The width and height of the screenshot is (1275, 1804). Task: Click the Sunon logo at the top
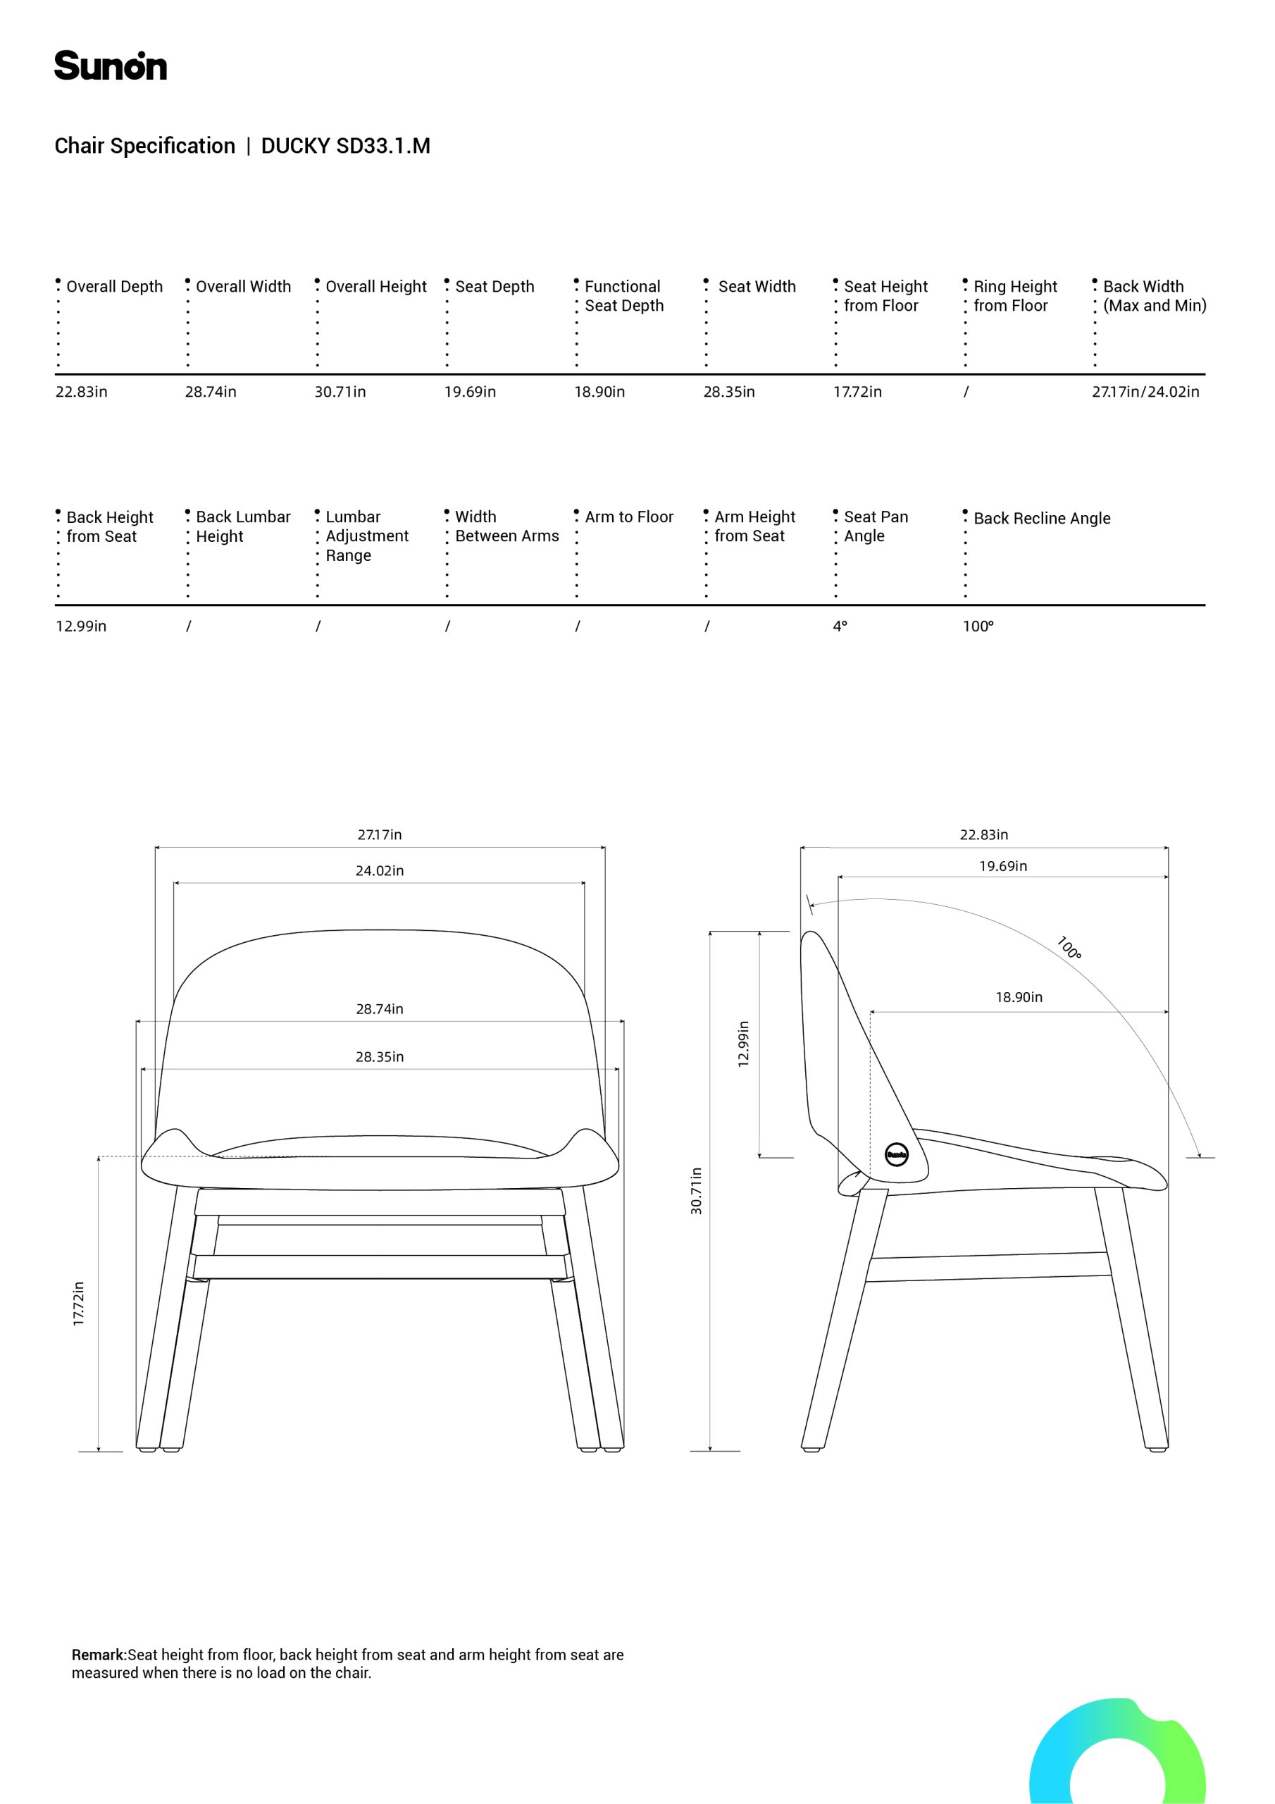pos(110,66)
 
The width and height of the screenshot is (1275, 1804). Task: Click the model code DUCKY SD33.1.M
pos(345,146)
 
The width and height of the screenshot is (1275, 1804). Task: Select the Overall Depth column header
pos(114,287)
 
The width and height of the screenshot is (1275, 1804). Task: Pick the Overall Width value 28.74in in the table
pos(211,392)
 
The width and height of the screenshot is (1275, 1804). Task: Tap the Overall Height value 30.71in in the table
pos(340,392)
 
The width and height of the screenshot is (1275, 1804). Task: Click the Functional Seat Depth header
pos(623,296)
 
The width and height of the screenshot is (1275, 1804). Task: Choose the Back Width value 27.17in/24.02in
pos(1145,392)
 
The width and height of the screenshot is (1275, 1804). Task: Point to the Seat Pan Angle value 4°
pos(840,626)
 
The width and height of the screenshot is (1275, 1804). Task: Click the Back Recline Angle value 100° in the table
pos(978,626)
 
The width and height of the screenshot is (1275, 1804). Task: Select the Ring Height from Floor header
pos(1014,296)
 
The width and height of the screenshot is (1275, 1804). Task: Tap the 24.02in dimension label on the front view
pos(380,870)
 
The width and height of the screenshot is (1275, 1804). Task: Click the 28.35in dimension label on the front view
pos(380,1057)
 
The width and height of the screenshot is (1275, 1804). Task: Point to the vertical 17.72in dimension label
pos(79,1304)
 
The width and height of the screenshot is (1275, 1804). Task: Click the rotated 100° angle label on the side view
pos(1069,948)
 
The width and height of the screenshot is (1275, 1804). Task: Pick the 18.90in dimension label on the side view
pos(1019,997)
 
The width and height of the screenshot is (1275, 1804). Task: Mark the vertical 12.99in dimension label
pos(743,1044)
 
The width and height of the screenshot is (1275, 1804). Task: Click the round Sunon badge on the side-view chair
pos(896,1154)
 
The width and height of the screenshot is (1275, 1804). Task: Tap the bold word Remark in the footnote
pos(98,1655)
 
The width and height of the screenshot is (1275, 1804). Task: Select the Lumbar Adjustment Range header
pos(366,536)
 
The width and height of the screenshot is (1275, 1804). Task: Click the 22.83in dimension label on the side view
pos(983,834)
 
